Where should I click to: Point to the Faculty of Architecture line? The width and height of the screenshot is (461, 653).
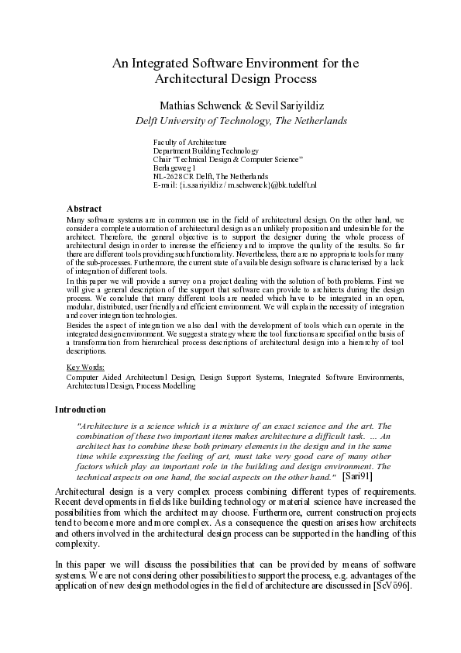pyautogui.click(x=190, y=143)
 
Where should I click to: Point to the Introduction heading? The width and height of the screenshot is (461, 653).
pyautogui.click(x=81, y=409)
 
